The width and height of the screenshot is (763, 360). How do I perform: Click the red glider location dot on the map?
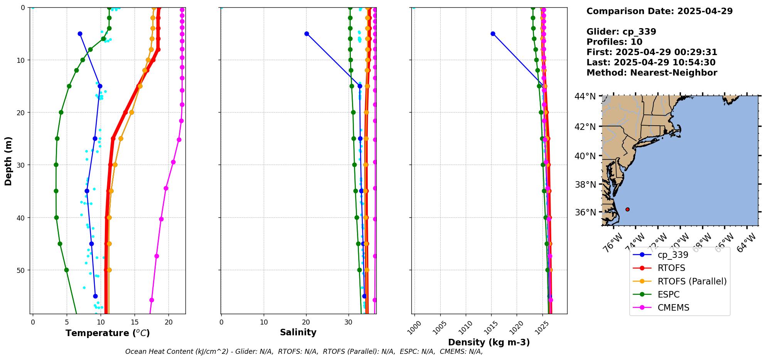627,209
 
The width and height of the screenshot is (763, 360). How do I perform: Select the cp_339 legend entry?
672,255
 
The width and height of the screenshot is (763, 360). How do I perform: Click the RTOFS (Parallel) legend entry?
692,281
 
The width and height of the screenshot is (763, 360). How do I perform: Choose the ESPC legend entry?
668,294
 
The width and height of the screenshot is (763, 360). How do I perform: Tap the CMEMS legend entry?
673,308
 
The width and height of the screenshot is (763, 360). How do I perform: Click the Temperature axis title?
108,333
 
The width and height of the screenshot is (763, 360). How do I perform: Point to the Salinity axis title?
298,332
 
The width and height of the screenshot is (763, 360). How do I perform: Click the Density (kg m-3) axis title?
489,342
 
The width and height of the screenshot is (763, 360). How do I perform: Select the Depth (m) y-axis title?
8,161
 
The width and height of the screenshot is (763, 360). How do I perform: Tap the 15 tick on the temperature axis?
135,322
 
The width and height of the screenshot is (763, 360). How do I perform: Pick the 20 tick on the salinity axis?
306,322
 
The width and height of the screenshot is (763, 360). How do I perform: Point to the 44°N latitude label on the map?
585,96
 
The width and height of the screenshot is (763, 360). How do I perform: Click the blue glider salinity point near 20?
307,34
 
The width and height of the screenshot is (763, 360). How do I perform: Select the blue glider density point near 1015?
493,34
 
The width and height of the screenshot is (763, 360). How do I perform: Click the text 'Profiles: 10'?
614,42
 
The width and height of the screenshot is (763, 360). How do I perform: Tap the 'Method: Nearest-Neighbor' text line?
652,73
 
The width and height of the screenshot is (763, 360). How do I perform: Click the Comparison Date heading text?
659,11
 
